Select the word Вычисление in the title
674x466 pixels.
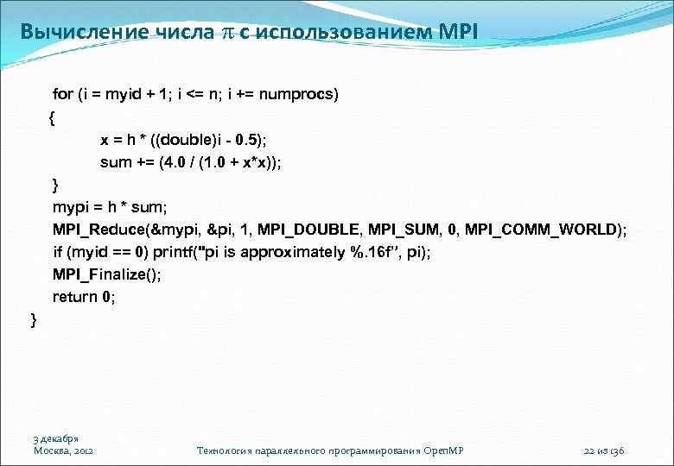76,32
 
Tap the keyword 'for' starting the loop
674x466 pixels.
63,94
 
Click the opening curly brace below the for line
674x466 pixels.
53,116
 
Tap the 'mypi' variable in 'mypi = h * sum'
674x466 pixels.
69,207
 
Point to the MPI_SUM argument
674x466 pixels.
403,230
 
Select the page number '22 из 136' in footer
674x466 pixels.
604,450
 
